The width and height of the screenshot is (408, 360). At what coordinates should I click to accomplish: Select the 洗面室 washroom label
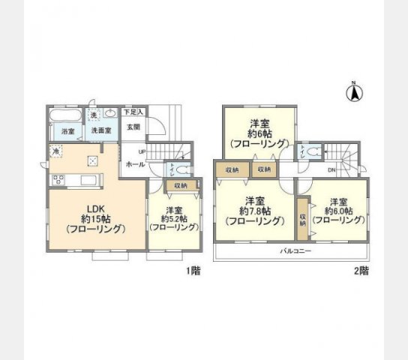point(100,130)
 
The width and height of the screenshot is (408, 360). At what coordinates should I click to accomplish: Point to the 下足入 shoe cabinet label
point(133,112)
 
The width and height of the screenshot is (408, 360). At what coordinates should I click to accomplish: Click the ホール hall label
point(135,163)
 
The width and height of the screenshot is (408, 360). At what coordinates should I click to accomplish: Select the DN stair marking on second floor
point(331,170)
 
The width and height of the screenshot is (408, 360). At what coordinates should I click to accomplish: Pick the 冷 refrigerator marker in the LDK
point(57,151)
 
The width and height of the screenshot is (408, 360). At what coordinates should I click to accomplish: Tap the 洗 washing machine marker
point(94,115)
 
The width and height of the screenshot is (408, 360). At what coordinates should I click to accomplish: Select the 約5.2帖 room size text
point(174,218)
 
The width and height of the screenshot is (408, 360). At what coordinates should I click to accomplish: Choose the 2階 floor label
point(361,271)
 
